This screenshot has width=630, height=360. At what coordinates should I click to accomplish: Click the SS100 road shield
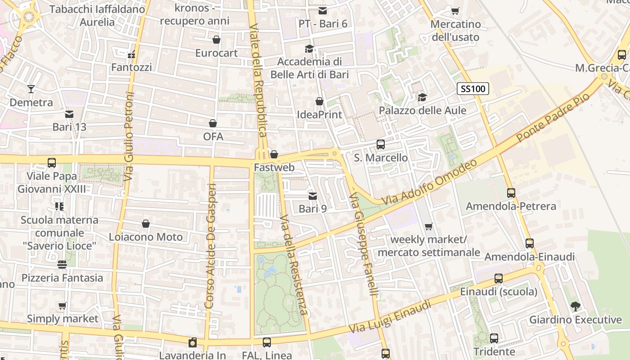click(x=472, y=89)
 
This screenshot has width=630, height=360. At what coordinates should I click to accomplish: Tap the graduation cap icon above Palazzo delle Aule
click(x=422, y=97)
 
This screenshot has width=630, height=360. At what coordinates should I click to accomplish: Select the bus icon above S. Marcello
click(x=380, y=144)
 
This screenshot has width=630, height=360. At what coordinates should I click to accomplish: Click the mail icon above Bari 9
click(x=312, y=196)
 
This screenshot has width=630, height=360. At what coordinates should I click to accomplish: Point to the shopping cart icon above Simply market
click(x=63, y=306)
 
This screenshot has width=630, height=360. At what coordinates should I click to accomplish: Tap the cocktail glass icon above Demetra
click(x=31, y=89)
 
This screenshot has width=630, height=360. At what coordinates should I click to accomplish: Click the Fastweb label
click(x=274, y=167)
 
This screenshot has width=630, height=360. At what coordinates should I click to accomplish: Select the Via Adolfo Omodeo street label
click(x=429, y=183)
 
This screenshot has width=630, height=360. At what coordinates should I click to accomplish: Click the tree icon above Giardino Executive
click(x=575, y=306)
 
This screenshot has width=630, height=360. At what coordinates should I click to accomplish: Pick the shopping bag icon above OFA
click(x=213, y=123)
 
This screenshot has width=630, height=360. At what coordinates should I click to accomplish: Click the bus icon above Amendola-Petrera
click(x=511, y=193)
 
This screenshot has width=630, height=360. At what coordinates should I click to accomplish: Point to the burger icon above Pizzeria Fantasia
click(x=62, y=265)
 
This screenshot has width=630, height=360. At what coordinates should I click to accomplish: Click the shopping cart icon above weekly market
click(x=428, y=226)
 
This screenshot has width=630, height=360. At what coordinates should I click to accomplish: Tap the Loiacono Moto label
click(x=146, y=237)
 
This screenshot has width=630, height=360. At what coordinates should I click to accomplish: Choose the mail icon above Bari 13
click(x=69, y=114)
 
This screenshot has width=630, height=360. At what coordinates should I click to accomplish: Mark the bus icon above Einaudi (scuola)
click(x=498, y=279)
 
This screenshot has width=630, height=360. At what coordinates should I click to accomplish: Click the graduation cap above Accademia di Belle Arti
click(x=309, y=49)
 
